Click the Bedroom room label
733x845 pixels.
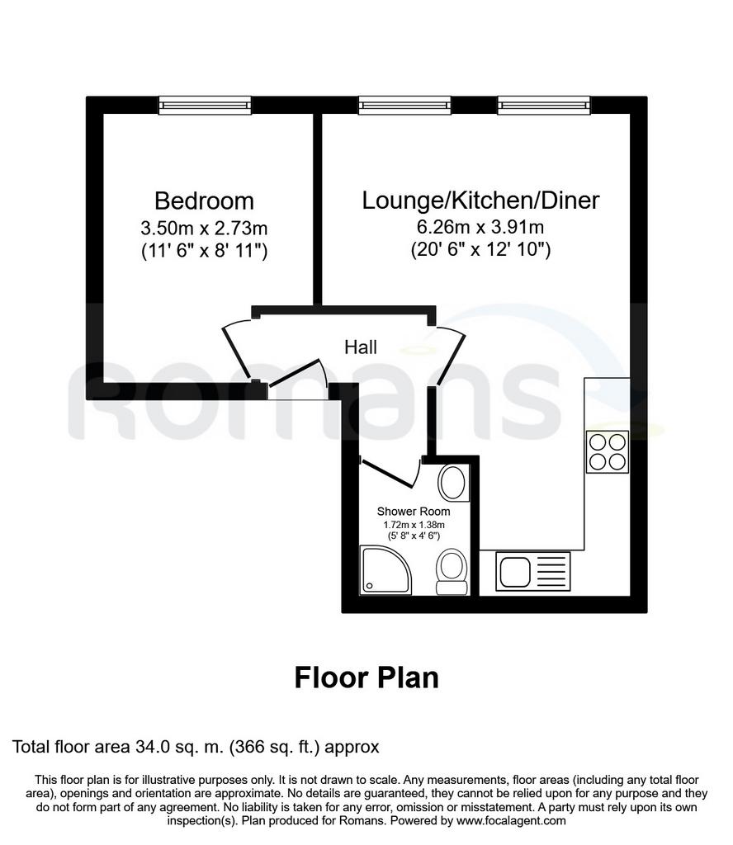point(204,201)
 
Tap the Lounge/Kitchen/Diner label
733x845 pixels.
point(480,201)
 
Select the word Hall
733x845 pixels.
point(361,347)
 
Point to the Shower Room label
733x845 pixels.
point(414,512)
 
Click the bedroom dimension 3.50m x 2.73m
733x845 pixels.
point(204,229)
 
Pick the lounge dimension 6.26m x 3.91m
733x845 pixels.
point(480,227)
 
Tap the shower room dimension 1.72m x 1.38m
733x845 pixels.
point(414,525)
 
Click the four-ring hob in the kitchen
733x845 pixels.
point(608,451)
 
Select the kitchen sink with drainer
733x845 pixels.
point(532,571)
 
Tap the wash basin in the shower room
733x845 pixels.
point(452,483)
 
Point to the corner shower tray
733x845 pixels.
point(385,570)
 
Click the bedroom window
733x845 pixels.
point(205,105)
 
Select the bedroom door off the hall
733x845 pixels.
point(237,351)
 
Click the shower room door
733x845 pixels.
point(391,472)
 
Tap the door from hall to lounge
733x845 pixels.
point(449,356)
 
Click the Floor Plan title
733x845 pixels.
point(366,677)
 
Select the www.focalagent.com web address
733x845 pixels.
point(511,821)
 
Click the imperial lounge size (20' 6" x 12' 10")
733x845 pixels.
point(480,250)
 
